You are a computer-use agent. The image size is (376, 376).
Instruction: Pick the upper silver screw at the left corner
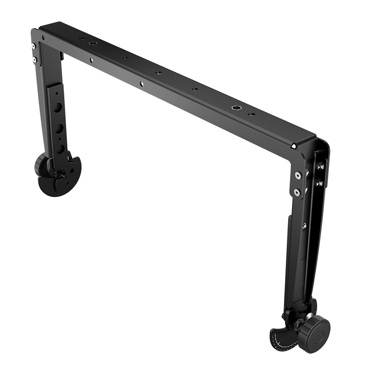point(33,46)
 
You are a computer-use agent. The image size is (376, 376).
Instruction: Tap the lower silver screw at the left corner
point(34,59)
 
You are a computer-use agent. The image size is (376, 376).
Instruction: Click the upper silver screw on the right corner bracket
point(298,176)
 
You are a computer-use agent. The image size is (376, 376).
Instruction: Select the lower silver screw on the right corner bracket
point(297,192)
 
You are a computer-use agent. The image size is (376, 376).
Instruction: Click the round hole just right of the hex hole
point(250,114)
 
